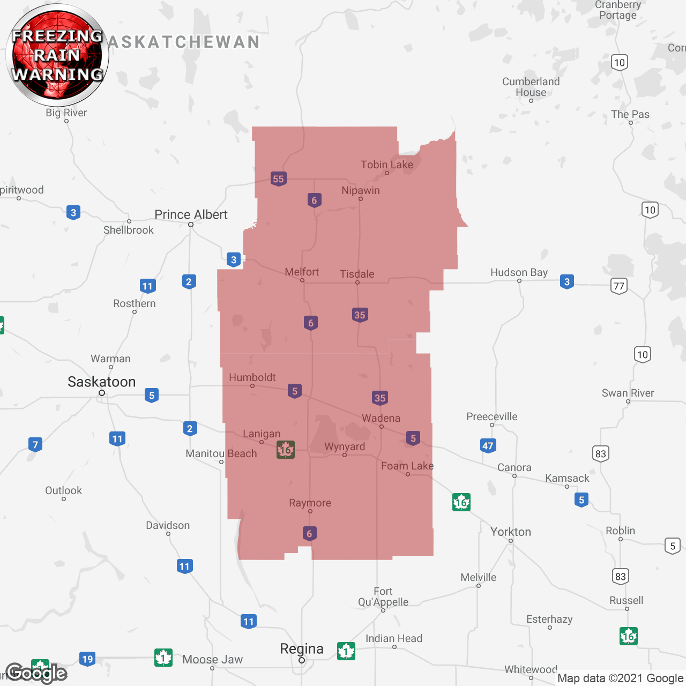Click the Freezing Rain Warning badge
[57, 55]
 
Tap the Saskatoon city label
[101, 382]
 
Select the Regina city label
[302, 649]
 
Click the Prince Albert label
[191, 215]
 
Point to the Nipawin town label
[360, 191]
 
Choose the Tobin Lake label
[386, 165]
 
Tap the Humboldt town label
[252, 377]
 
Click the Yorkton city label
[511, 532]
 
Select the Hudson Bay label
[519, 272]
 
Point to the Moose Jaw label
[212, 659]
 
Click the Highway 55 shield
[278, 179]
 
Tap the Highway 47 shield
[488, 445]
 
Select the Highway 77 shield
[619, 286]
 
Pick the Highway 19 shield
[87, 659]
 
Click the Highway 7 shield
[35, 444]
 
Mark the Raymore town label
[310, 503]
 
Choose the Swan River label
[628, 393]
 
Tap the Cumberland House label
[531, 87]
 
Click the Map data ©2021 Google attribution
[620, 678]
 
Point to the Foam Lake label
[407, 466]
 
